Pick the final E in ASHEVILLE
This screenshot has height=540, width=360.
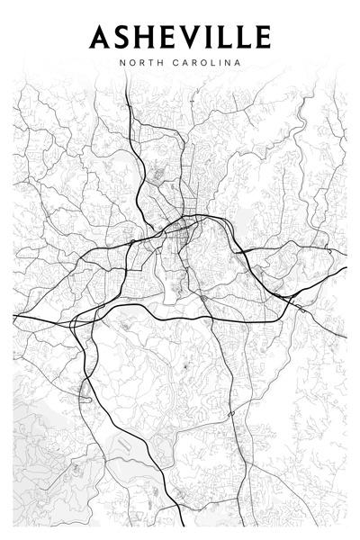[x=261, y=37]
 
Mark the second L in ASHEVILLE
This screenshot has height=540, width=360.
[x=244, y=37]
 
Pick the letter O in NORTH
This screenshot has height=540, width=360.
[x=130, y=63]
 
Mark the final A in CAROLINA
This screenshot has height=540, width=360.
[x=238, y=63]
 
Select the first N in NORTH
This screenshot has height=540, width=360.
[x=121, y=63]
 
